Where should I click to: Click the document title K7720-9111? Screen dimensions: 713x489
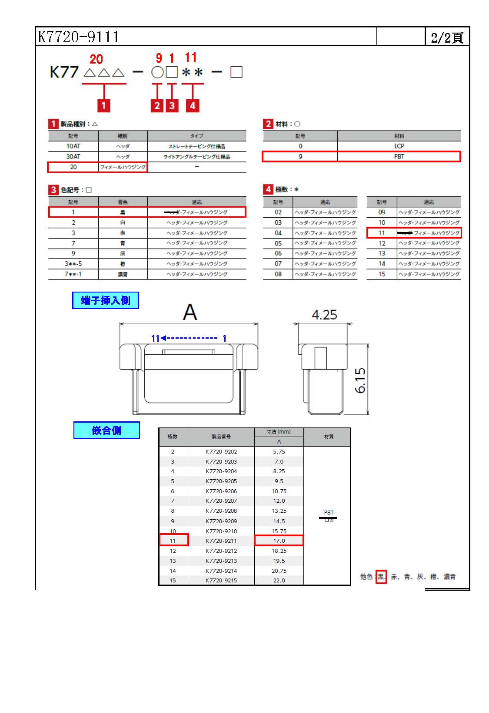pos(79,37)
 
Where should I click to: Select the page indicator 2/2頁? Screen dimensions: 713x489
pos(446,37)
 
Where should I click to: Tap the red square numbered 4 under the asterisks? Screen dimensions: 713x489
pos(192,105)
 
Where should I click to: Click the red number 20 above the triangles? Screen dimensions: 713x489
pos(96,59)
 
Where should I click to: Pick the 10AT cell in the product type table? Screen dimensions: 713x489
pos(73,146)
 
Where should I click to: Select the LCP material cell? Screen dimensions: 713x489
pos(399,146)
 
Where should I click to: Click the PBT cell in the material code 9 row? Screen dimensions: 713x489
pos(399,157)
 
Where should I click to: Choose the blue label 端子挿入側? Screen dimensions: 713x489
pos(106,300)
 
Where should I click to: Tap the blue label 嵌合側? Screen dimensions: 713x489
pos(106,430)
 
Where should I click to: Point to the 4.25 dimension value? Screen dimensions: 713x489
pos(324,315)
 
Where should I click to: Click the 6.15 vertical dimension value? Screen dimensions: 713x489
pos(361,380)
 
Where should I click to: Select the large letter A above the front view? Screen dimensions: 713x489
pos(190,312)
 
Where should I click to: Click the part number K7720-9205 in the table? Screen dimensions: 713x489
pos(221,481)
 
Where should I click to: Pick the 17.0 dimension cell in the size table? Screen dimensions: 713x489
pos(279,541)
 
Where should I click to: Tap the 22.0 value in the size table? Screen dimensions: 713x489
pos(279,581)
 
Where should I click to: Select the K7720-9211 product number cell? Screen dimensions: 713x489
pos(221,541)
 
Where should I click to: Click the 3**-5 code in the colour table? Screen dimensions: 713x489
pos(73,264)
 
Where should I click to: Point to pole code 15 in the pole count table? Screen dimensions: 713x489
pos(382,274)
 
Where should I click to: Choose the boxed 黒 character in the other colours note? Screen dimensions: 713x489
pos(381,577)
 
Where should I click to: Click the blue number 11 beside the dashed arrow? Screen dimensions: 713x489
pos(155,338)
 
